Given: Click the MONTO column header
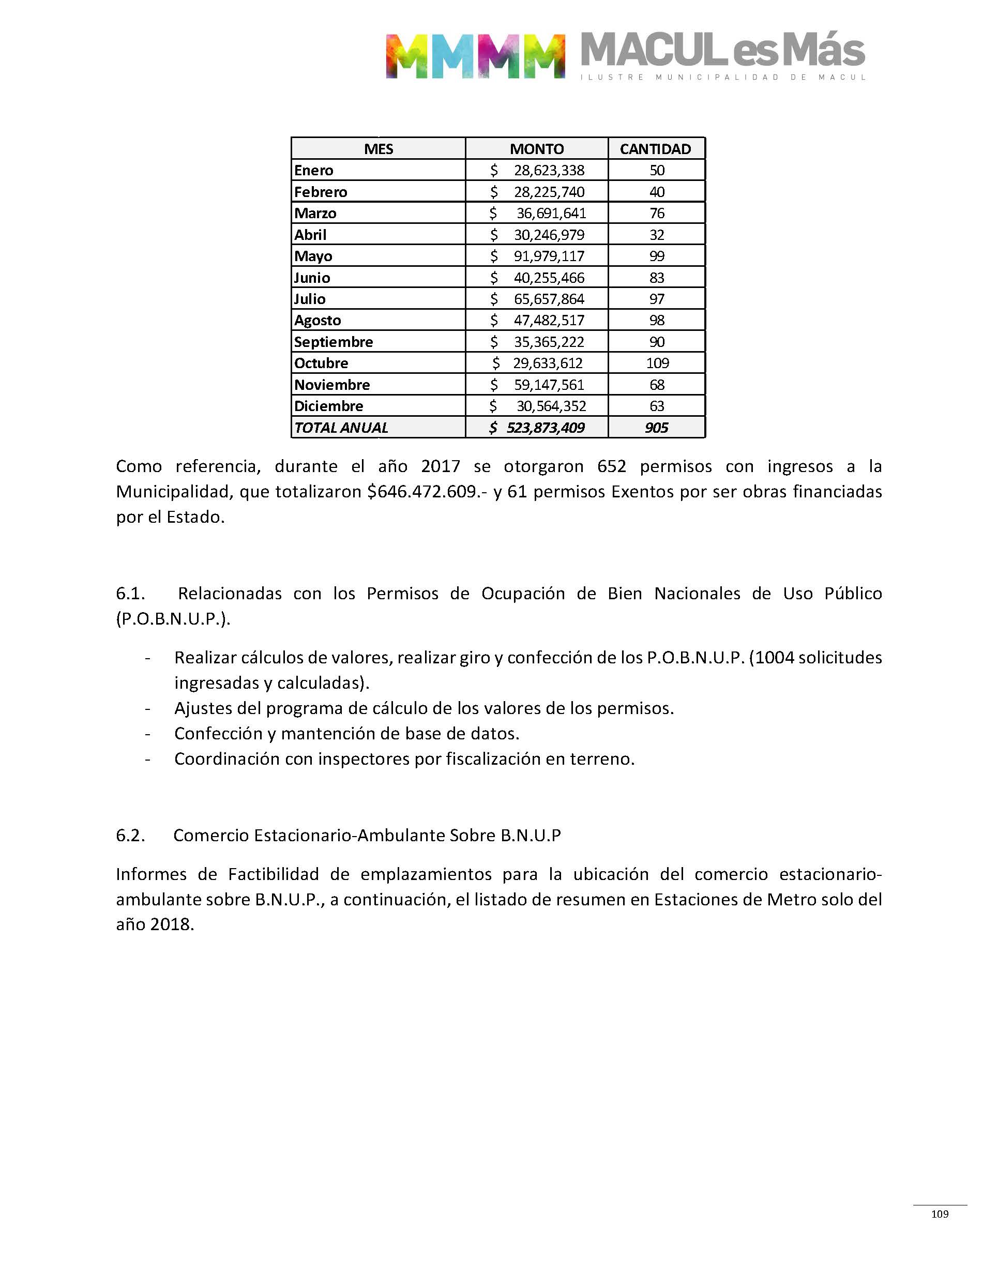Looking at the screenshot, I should (x=536, y=149).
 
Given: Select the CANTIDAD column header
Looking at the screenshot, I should (x=655, y=149).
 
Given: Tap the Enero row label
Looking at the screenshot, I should (x=314, y=171).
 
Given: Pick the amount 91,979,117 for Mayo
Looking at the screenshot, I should (x=549, y=256).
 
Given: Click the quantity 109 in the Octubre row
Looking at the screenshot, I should (x=657, y=363).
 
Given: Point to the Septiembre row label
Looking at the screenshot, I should (x=333, y=342).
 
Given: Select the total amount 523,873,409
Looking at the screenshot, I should (x=545, y=428).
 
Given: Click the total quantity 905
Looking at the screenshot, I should (x=656, y=428).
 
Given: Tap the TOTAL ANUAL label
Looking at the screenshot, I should (x=341, y=428).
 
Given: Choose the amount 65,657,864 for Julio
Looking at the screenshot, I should (x=549, y=299).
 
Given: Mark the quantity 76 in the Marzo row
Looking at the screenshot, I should (x=657, y=213).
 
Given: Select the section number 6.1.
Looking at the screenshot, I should (x=130, y=594).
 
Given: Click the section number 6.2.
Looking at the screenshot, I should (x=130, y=836).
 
